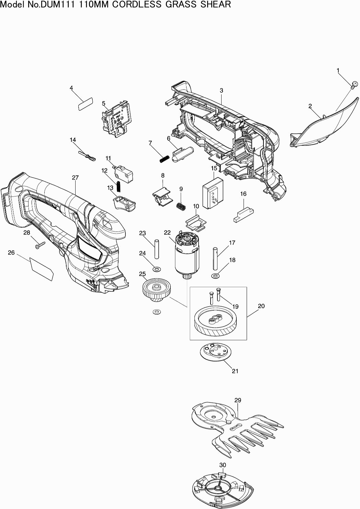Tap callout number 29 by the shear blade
coord(238,400)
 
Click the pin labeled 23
coord(157,249)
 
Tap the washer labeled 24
coord(157,268)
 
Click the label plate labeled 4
coord(85,103)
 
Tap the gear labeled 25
coord(156,290)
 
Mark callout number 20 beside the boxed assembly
coord(261,306)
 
